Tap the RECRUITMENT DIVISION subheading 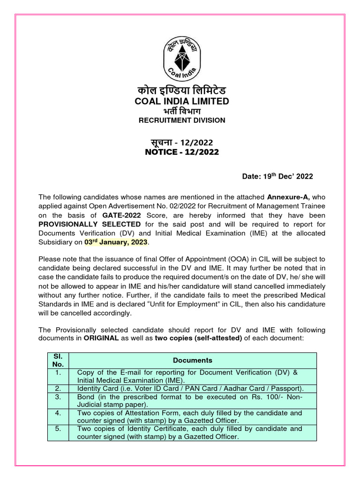(x=182, y=120)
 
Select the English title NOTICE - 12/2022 (x=182, y=152)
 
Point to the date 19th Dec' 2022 (x=277, y=176)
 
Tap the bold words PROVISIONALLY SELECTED (x=90, y=224)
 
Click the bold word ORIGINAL (x=101, y=338)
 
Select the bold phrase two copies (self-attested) (x=198, y=338)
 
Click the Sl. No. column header (x=58, y=360)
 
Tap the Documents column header (x=192, y=360)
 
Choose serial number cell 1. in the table (x=58, y=372)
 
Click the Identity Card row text (x=190, y=389)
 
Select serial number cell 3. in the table (x=58, y=397)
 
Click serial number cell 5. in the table (x=58, y=428)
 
